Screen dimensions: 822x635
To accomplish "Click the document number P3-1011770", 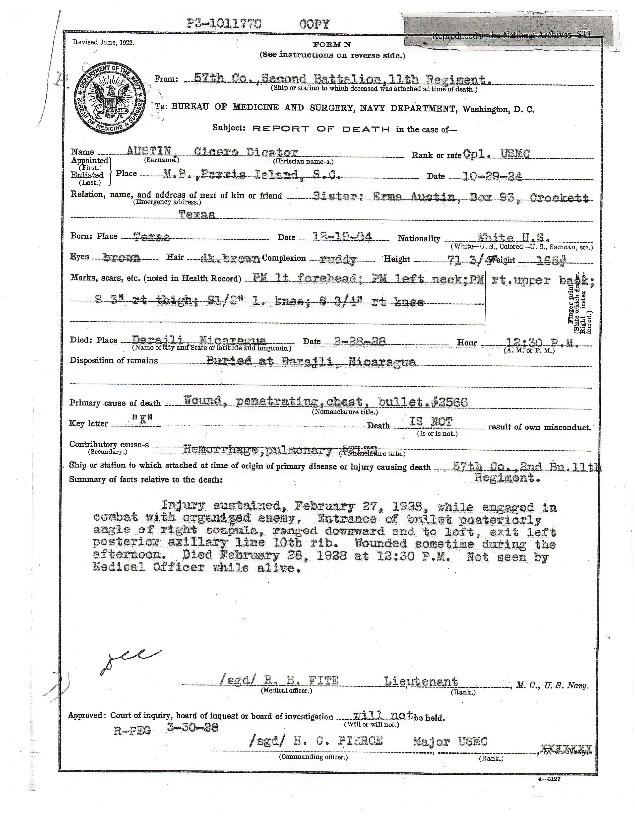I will [x=224, y=24].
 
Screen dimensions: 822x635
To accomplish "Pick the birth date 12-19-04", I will [x=343, y=237].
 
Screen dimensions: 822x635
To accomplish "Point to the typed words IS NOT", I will [x=431, y=422].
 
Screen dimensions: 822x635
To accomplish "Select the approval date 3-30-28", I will [x=192, y=727].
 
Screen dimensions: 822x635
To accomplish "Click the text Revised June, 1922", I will [x=103, y=43].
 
